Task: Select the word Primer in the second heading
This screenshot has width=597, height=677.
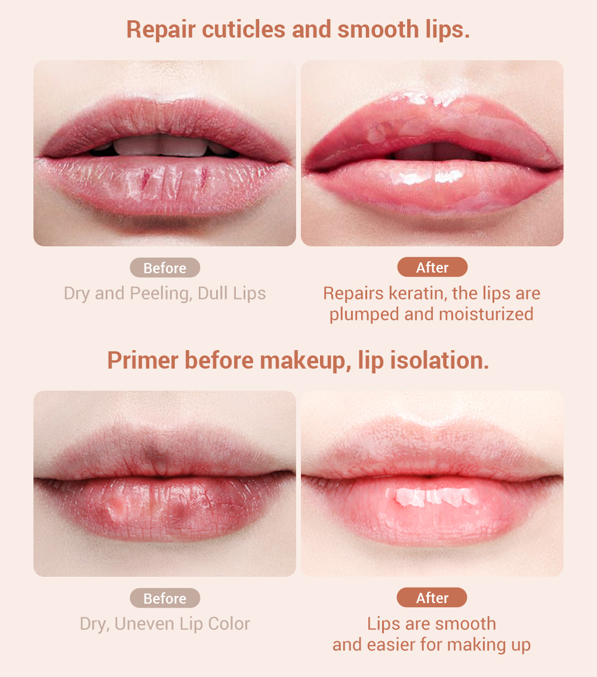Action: [143, 361]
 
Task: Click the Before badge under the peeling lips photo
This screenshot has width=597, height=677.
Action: [165, 268]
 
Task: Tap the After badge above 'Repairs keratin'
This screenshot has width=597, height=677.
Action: [432, 267]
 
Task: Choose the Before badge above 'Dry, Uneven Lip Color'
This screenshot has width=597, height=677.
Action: [165, 598]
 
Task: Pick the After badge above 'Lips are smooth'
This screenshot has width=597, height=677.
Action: [432, 598]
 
